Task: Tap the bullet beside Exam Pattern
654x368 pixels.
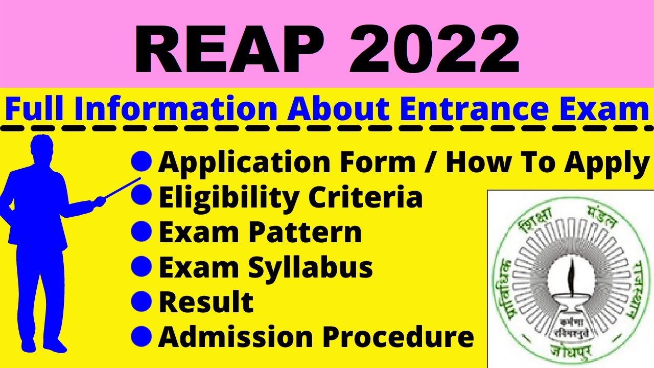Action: (142, 232)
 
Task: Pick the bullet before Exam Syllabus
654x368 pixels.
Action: (142, 267)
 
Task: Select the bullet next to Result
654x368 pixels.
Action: (142, 302)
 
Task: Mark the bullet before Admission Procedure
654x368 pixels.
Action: (142, 336)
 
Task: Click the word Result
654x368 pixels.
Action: (206, 302)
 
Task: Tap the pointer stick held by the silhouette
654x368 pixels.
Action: (121, 188)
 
